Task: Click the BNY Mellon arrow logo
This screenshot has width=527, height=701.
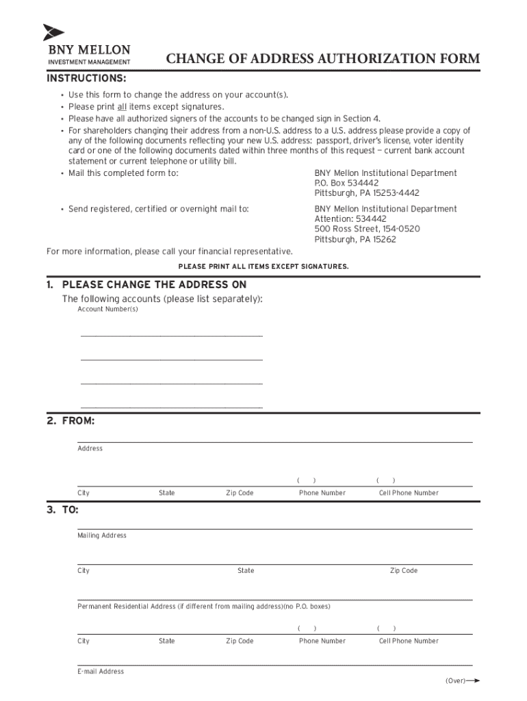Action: tap(53, 32)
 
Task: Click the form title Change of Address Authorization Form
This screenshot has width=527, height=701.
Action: tap(323, 59)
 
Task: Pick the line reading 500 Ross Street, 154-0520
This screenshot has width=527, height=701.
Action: tap(367, 229)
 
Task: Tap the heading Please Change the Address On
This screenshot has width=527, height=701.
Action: tap(154, 284)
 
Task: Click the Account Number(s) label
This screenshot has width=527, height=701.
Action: tap(107, 309)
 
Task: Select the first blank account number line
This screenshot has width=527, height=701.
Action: tap(171, 334)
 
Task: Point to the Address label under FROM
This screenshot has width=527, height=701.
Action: tap(90, 448)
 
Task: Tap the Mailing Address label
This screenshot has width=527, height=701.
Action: tap(102, 535)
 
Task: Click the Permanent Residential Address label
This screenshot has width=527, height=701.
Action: tap(204, 607)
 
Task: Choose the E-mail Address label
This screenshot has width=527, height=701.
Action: tap(101, 672)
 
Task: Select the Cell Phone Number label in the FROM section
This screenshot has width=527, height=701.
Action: tap(409, 493)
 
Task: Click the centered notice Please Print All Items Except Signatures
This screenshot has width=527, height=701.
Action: tap(263, 266)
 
